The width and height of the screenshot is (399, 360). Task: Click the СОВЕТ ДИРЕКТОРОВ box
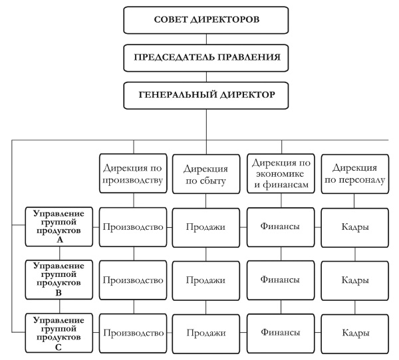click(x=207, y=19)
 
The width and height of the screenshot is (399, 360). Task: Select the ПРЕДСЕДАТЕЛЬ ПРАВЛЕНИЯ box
click(x=207, y=58)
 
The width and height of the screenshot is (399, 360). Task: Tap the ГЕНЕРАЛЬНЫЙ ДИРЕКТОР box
click(x=207, y=96)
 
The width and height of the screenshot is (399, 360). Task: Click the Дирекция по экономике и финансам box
click(x=279, y=173)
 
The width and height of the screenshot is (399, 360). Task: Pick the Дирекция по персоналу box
click(x=354, y=173)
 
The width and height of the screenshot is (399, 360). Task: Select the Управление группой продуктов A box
click(x=59, y=226)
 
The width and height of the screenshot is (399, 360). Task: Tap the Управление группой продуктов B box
click(x=59, y=279)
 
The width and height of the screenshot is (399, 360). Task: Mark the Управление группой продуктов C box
click(x=59, y=331)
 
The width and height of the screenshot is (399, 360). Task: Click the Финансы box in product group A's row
click(x=279, y=226)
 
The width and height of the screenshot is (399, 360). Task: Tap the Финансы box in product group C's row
click(x=279, y=331)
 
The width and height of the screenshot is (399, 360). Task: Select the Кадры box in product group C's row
click(x=354, y=332)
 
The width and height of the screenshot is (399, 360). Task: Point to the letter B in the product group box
click(x=59, y=292)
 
